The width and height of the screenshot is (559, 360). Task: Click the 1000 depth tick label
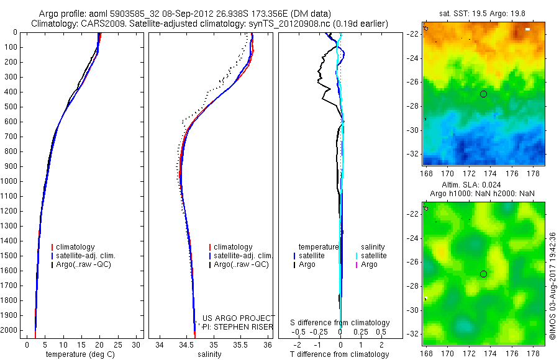click(11, 181)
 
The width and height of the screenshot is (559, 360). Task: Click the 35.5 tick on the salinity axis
click(240, 344)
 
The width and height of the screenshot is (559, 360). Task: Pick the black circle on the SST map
click(483, 94)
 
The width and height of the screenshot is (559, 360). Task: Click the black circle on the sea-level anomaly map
click(483, 274)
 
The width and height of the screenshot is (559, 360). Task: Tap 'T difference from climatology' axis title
click(340, 354)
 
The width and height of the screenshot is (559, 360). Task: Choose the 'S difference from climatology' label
click(340, 323)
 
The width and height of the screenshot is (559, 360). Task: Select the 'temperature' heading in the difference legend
click(319, 247)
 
